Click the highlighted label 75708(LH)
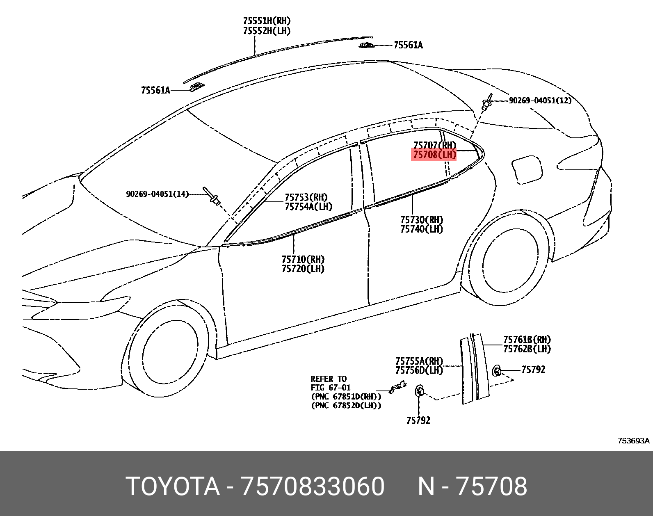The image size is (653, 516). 434,155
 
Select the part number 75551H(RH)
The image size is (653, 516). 267,21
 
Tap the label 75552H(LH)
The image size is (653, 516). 267,31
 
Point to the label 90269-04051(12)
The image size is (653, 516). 540,100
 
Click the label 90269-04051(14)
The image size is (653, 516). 157,194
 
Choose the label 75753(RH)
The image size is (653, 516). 306,197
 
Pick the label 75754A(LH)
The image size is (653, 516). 308,207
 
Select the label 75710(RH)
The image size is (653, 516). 303,259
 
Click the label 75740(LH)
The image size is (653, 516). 422,229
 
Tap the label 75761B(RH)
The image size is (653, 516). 527,340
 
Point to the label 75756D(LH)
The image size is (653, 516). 419,370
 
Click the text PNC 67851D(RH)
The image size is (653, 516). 346,397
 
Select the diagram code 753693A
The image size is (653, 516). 634,441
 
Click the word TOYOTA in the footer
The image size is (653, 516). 173,486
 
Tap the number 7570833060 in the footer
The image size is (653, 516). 313,486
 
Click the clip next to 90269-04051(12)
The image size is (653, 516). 487,103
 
